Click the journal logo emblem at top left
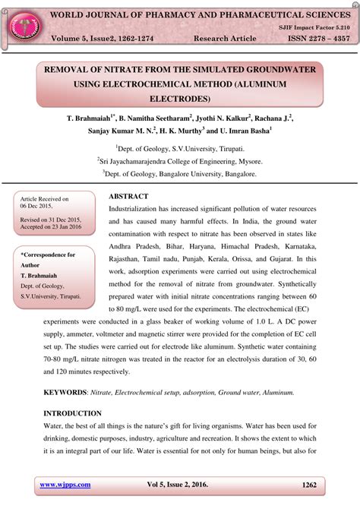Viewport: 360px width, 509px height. click(x=22, y=23)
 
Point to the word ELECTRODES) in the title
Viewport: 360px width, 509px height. click(x=180, y=98)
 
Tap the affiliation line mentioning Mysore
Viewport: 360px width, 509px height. click(x=179, y=161)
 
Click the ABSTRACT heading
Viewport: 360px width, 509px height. click(x=130, y=195)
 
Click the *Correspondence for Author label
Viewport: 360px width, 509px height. click(x=47, y=260)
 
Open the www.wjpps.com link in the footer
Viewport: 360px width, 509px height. click(x=65, y=484)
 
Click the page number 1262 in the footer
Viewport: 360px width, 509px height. click(x=308, y=484)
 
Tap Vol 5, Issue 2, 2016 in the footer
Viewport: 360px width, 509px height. click(x=180, y=484)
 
